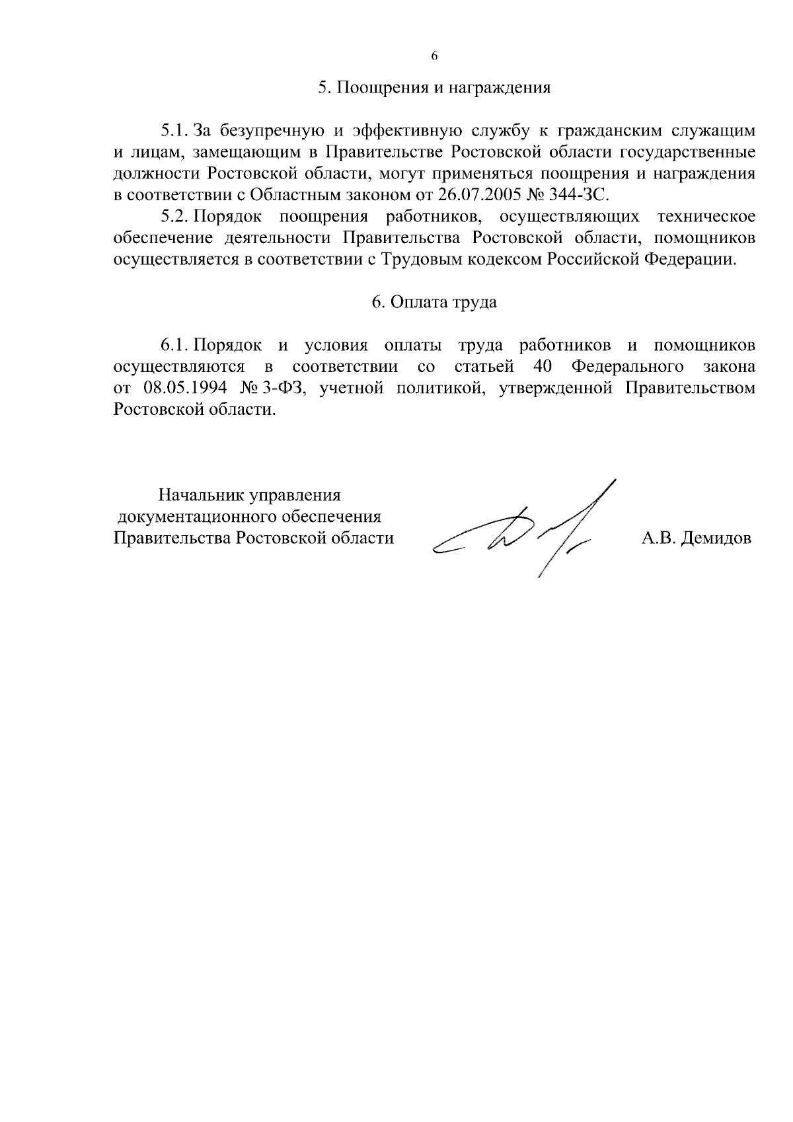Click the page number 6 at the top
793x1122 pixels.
pos(434,56)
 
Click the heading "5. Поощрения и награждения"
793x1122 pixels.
pos(434,89)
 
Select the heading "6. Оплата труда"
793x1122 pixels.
pos(434,303)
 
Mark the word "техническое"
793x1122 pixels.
pos(706,217)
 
